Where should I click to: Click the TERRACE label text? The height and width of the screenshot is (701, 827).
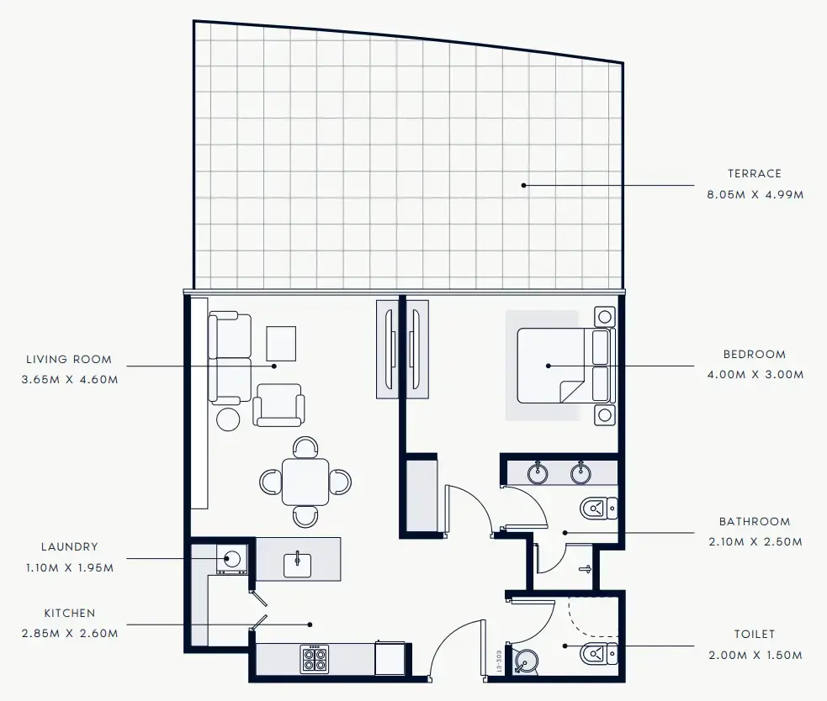point(754,174)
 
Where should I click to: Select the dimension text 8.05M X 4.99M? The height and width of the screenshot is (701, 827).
point(755,194)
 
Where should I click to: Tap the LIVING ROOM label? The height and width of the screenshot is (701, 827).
point(69,360)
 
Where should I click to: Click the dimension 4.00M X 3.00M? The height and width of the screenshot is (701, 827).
point(755,375)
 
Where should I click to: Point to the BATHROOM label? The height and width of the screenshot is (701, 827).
point(755,522)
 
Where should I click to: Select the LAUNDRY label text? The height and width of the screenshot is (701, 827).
point(70,546)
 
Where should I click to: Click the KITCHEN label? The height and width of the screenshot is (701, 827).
point(70,614)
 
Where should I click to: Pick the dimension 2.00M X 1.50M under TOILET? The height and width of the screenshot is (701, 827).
point(755,655)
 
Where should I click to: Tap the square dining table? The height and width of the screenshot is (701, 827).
point(305,481)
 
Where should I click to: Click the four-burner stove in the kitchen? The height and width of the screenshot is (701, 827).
point(315,659)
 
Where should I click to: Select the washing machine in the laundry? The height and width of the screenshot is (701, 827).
point(231,557)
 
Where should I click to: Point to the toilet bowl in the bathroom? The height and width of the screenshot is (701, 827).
point(599,509)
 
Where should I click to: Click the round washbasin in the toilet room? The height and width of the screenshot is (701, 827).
point(527,661)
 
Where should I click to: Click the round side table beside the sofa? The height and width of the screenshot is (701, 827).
point(228,419)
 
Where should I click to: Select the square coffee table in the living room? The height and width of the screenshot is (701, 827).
point(282,343)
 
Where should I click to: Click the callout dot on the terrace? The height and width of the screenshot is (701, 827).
point(523,184)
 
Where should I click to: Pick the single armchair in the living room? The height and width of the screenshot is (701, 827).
point(279,405)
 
